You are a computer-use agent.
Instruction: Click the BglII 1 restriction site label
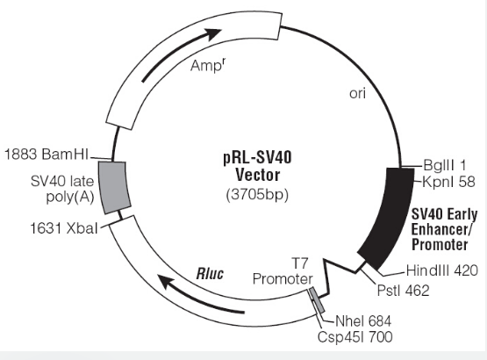[445, 165]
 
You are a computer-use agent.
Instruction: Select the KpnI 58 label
[448, 182]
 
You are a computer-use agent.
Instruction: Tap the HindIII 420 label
[442, 270]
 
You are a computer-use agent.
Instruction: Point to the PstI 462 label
[403, 291]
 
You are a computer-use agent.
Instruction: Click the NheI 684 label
[363, 320]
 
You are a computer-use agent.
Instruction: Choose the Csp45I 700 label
[355, 337]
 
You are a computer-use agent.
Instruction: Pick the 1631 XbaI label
[64, 228]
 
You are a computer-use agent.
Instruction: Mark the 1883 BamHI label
[47, 154]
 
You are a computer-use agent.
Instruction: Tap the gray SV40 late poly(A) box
[114, 187]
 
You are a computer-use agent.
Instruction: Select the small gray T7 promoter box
[317, 300]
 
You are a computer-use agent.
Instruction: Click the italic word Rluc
[210, 274]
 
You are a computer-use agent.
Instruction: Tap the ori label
[357, 93]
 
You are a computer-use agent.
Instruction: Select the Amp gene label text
[207, 65]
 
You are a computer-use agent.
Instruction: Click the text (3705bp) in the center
[257, 195]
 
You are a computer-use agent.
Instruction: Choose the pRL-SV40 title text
[257, 157]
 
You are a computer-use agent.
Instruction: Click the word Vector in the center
[257, 175]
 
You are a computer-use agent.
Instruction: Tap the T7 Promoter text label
[283, 271]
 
